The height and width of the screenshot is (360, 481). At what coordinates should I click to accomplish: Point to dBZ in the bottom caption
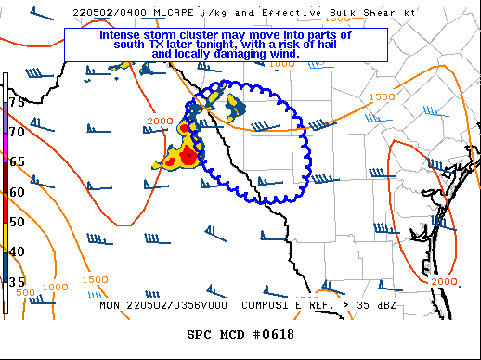coord(392,304)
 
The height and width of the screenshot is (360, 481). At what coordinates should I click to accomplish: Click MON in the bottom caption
coord(111,304)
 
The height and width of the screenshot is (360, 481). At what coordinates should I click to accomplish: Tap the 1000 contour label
coord(55,289)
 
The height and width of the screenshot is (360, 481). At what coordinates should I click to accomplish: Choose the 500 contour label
coord(26,292)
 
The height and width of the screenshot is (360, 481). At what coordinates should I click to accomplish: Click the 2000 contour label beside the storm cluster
coord(160,122)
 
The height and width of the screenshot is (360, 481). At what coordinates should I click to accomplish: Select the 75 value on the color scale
coord(17,101)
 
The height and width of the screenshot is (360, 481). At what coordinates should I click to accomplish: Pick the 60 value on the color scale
coord(17,192)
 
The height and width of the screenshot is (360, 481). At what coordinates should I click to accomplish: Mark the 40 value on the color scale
coord(17,251)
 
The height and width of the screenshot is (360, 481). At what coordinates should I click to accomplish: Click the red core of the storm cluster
coord(188,156)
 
